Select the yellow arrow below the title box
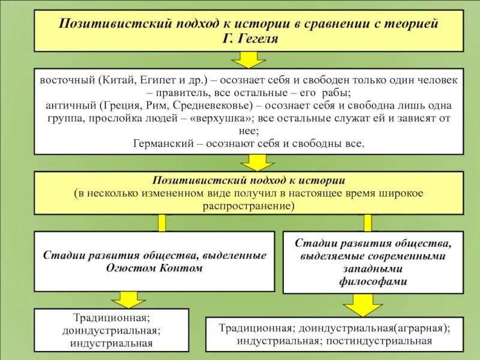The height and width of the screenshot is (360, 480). coord(248,59)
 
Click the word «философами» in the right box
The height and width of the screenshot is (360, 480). coord(373,281)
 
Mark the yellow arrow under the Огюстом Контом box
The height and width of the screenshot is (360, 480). coord(126,299)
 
